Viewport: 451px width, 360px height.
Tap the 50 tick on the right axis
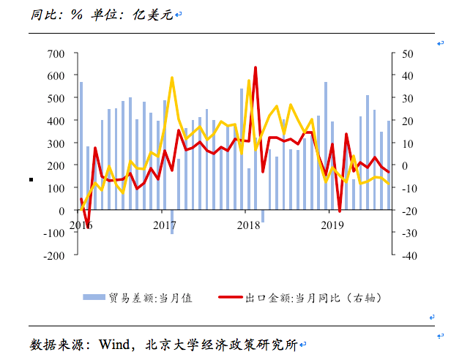[405, 53]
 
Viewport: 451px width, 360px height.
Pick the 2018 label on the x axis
[250, 225]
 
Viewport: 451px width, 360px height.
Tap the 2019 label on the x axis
[332, 225]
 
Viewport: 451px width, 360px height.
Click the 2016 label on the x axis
[82, 225]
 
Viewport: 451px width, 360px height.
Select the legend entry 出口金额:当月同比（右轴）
[311, 297]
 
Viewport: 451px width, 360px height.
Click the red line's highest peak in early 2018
[256, 67]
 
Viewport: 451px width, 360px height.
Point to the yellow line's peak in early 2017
[172, 78]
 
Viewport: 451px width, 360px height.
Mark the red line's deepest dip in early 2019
[340, 211]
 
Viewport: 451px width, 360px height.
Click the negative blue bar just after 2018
[262, 216]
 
